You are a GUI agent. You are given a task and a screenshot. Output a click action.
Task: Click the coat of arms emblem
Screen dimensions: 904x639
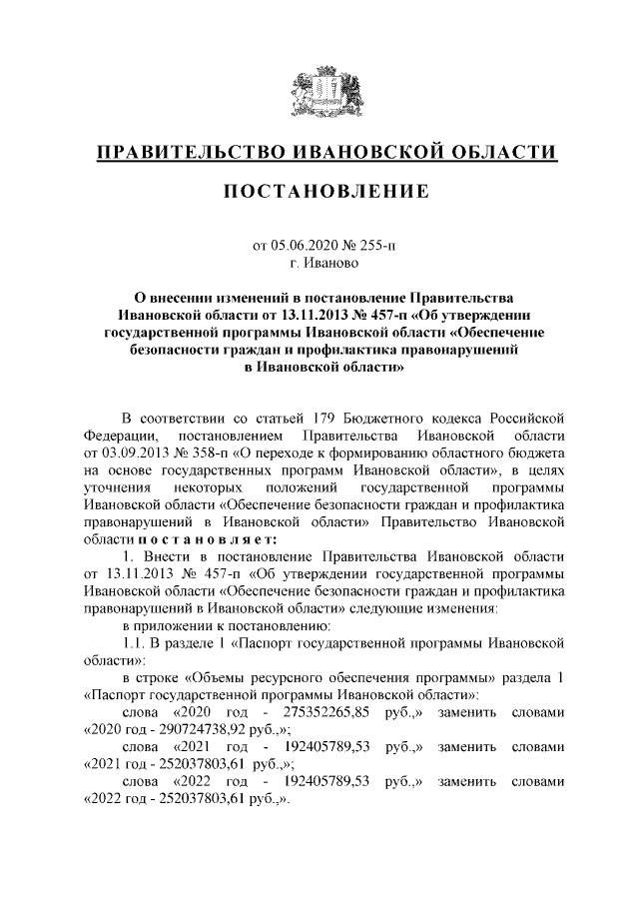click(319, 93)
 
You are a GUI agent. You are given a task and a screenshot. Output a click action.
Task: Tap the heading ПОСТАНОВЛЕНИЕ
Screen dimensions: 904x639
click(319, 192)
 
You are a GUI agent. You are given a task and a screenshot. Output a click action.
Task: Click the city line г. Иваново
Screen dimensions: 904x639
click(319, 265)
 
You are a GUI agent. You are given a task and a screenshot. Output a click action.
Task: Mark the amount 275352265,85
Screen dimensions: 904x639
click(325, 714)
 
